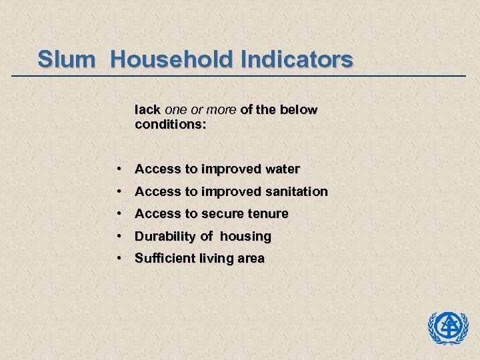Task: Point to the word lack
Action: (x=147, y=109)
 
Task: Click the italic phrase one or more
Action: (x=200, y=109)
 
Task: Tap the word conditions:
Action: (x=171, y=124)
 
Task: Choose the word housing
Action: (x=245, y=237)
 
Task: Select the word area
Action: (x=249, y=259)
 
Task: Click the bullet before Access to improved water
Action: (x=117, y=169)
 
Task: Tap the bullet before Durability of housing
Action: (x=117, y=237)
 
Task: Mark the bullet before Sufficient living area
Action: (x=117, y=259)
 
